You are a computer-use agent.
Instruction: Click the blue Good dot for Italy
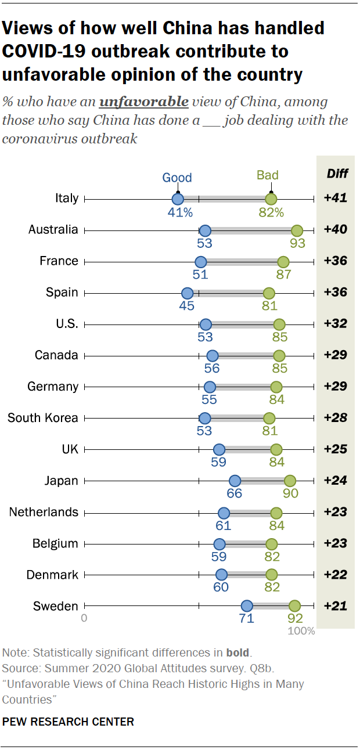[178, 199]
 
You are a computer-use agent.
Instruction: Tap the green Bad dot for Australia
[297, 230]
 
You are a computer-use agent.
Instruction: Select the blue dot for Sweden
[247, 607]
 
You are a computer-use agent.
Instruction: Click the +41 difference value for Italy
[335, 199]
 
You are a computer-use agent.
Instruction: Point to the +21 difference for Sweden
[335, 607]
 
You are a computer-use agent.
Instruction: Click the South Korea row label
[42, 418]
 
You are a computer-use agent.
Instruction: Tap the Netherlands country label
[44, 512]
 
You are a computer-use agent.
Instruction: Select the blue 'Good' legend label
[177, 178]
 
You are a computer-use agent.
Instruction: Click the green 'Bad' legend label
[268, 175]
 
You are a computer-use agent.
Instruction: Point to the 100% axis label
[301, 630]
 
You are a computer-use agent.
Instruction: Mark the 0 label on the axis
[84, 618]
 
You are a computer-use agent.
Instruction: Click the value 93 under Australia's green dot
[297, 243]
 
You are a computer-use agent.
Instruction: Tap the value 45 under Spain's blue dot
[187, 306]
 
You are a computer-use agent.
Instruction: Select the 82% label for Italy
[271, 212]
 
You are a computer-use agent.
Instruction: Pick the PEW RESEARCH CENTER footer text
[69, 722]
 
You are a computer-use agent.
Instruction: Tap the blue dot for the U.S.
[205, 324]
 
